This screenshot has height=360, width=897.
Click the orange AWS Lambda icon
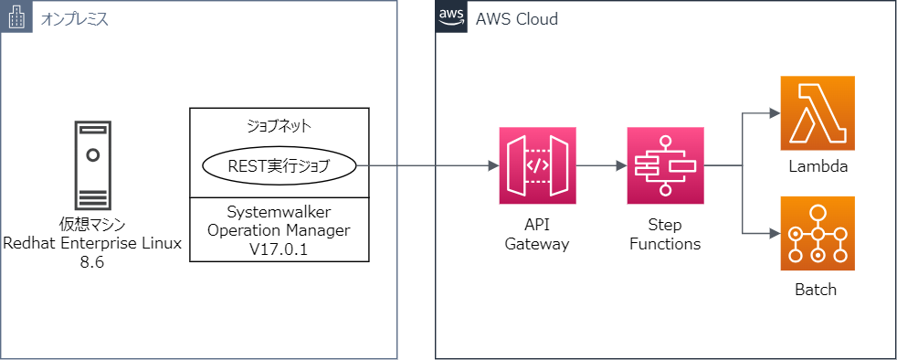[817, 113]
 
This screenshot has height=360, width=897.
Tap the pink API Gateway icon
[537, 166]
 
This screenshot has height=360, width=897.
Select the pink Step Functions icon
[666, 166]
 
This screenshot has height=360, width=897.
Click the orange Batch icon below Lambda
[817, 234]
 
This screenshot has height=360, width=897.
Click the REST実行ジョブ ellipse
[279, 166]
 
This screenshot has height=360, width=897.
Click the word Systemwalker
[279, 212]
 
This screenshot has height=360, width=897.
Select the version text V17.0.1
[279, 248]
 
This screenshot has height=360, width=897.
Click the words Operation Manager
[279, 229]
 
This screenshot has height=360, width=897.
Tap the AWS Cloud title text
[516, 19]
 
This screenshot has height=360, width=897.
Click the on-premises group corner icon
[16, 16]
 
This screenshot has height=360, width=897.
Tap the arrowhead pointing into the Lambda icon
[773, 114]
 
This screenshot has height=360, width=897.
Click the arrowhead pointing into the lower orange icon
[773, 234]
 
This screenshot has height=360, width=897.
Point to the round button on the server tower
[92, 155]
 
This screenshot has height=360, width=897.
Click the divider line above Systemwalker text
[279, 196]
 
